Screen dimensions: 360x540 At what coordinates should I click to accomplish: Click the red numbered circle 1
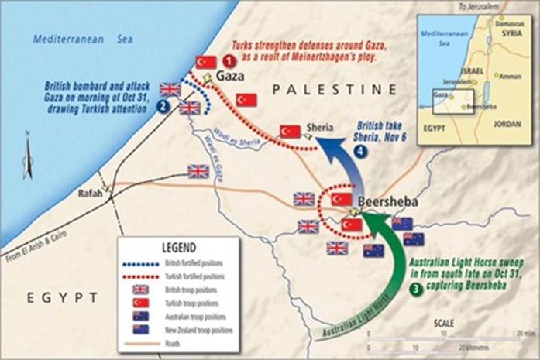click(229, 60)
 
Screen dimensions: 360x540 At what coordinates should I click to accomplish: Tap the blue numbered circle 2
click(163, 108)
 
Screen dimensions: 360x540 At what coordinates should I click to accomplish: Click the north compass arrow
click(28, 159)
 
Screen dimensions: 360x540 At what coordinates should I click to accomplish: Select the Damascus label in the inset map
click(511, 22)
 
